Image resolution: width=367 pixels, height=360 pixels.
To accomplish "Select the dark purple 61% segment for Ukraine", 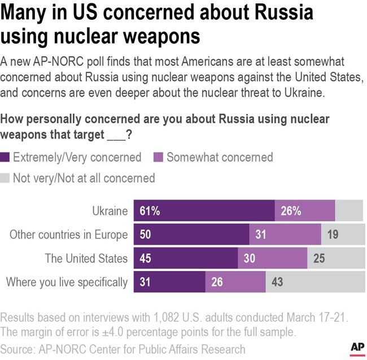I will coord(204,211).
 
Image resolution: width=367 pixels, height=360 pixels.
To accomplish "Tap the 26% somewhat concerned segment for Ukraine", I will coord(305,211).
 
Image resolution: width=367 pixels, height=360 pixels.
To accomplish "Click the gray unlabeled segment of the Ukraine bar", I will coord(349,211).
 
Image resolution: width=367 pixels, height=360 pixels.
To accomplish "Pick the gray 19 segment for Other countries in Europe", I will coord(343,234).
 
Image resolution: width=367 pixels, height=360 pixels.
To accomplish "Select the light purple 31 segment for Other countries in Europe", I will coord(285,234).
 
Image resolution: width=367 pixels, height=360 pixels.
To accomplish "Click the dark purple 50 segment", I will coord(191,234).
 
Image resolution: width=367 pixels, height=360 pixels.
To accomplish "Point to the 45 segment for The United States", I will coord(186,258).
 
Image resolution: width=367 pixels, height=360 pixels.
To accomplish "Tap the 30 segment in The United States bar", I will coord(273,258).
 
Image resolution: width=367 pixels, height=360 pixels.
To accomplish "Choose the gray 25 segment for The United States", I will coord(335,258).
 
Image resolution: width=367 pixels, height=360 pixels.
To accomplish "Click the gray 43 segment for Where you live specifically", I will coord(314,281).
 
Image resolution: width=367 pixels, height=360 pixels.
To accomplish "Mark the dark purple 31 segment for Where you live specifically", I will coord(169,281).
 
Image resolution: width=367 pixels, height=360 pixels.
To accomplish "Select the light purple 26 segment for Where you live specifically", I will coord(235,281).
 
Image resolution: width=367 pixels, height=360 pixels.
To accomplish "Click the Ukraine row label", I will coord(110,211).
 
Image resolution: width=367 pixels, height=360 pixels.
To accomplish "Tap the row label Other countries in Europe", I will coord(68,234).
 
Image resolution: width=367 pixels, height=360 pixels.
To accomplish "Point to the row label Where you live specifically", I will coord(67,281).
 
